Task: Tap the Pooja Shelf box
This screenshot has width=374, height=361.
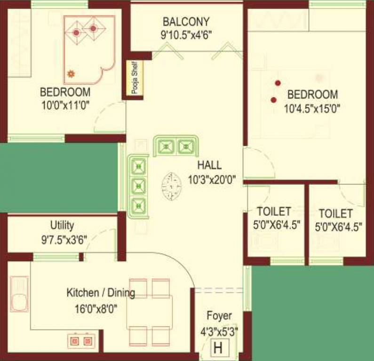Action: click(x=135, y=78)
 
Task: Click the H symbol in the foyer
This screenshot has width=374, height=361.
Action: click(x=217, y=348)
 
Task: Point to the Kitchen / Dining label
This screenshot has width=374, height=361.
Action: click(x=101, y=293)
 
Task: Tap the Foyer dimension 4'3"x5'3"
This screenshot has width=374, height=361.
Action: click(x=219, y=330)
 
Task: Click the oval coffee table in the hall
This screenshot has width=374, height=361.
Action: click(x=172, y=185)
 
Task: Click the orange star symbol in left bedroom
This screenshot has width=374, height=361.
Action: click(x=71, y=73)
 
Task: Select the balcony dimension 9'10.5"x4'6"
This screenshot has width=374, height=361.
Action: click(x=186, y=34)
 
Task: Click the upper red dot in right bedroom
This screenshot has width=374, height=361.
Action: click(x=278, y=83)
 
